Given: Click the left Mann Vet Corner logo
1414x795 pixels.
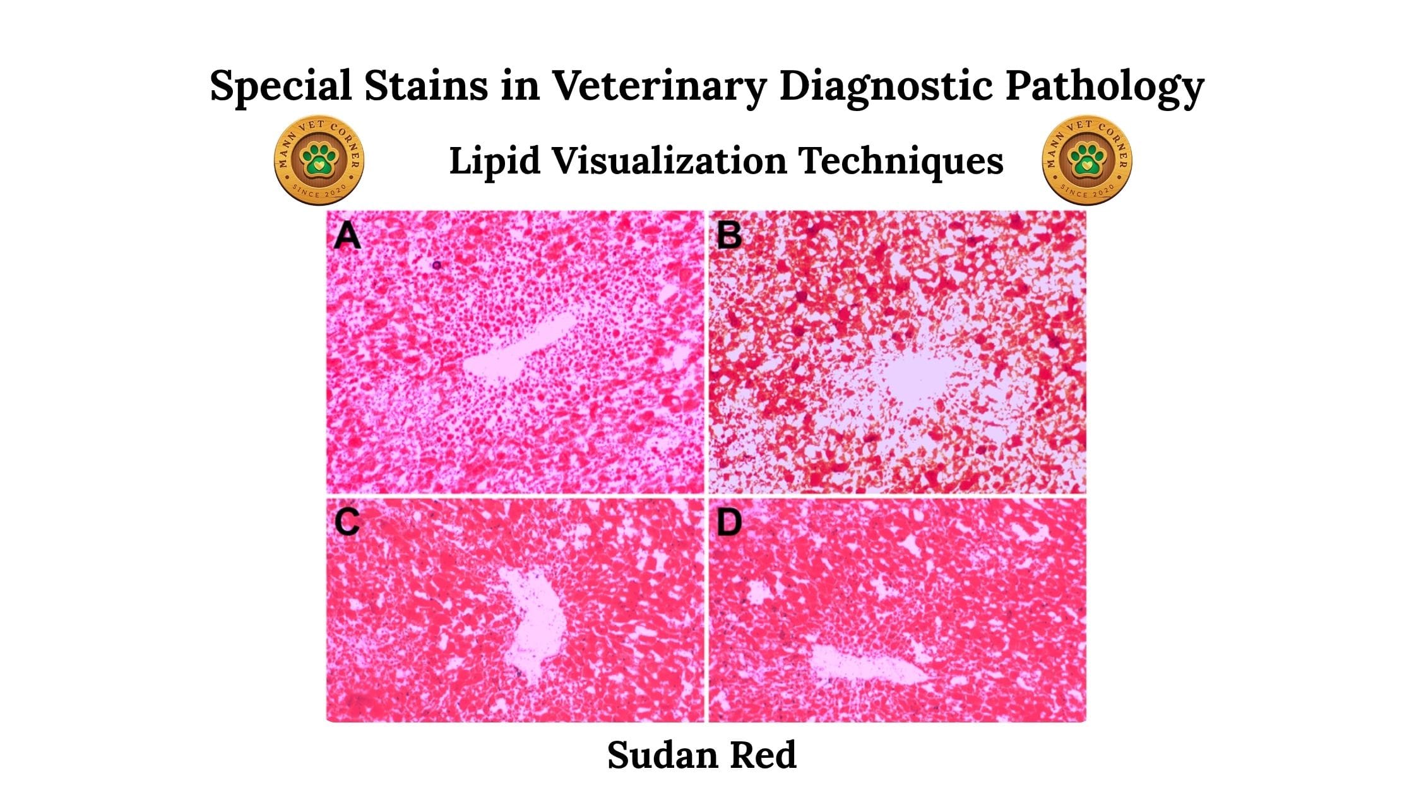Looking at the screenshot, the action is click(319, 160).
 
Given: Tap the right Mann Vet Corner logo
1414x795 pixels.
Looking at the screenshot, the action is click(1087, 160).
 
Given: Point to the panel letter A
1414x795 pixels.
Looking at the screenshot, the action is click(347, 236).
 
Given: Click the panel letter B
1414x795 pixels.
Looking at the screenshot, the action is click(730, 236).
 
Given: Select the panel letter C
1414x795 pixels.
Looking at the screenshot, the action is click(347, 522).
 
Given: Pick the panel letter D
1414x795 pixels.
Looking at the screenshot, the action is click(730, 522).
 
